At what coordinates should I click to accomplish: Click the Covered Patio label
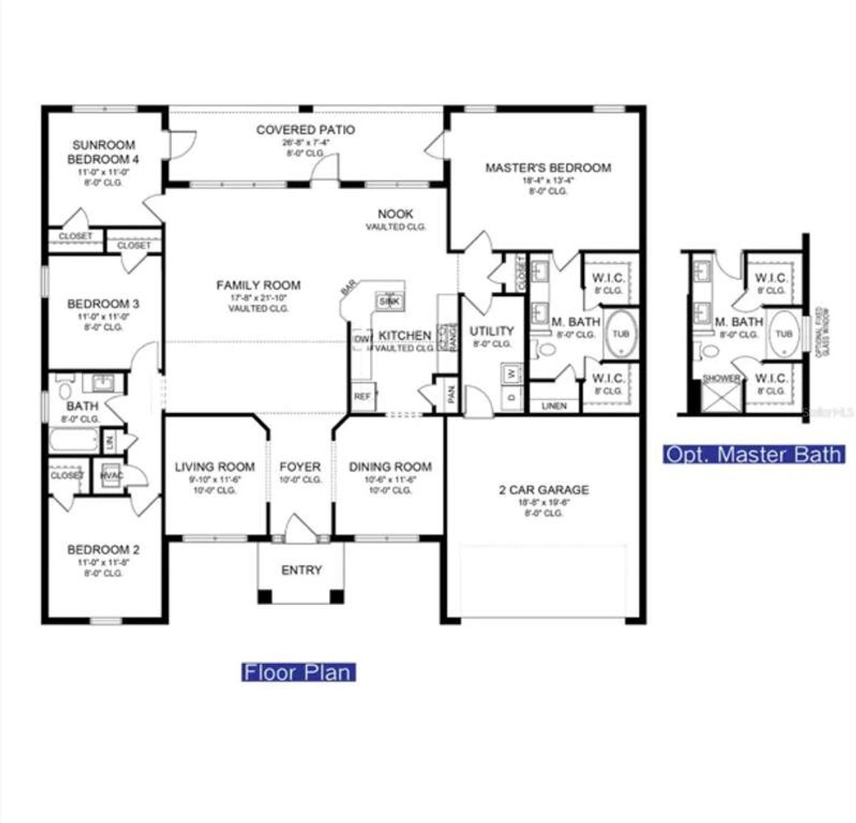tap(306, 130)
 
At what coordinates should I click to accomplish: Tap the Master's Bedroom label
tap(548, 168)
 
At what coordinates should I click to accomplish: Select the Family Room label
tap(258, 286)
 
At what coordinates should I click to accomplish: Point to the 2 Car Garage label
tap(544, 490)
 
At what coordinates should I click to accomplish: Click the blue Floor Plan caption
tap(298, 672)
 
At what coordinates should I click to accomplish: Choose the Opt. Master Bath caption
tap(754, 454)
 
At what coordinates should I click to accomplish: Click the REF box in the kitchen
tap(362, 397)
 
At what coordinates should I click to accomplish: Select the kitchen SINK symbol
tap(389, 302)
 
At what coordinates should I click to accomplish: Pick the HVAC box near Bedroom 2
tap(111, 476)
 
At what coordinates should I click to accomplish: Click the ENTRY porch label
tap(302, 571)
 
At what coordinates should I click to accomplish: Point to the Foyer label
tap(300, 466)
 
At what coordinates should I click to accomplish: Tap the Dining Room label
tap(390, 466)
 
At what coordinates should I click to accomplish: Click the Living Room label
tap(215, 466)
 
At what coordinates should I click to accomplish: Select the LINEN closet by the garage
tap(554, 405)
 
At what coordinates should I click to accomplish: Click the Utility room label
tap(492, 331)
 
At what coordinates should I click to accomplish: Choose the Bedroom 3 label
tap(103, 304)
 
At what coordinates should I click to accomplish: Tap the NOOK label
tap(395, 214)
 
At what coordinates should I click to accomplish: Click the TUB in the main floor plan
tap(621, 334)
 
